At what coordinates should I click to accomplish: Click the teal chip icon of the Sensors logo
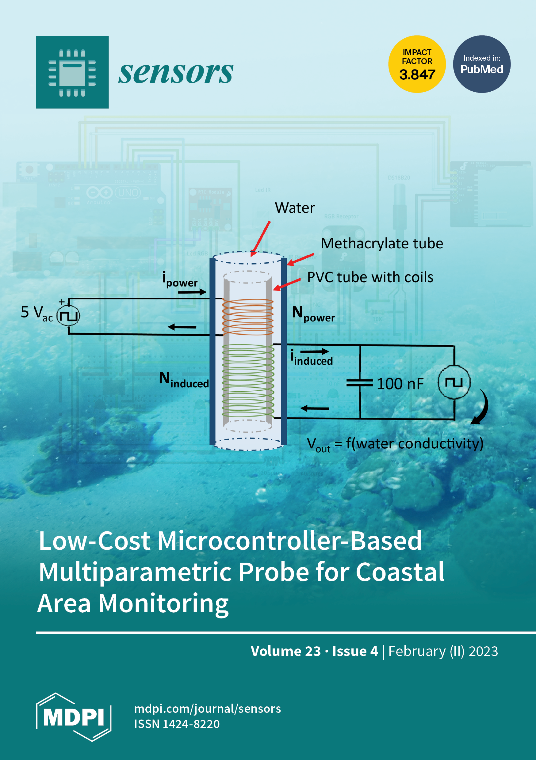tap(72, 72)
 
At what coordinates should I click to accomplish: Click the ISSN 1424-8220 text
tap(177, 724)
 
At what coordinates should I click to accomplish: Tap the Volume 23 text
tap(285, 651)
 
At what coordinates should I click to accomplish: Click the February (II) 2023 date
tap(443, 651)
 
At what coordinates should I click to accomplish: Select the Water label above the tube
tap(295, 208)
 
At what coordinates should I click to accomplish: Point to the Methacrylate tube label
tap(382, 244)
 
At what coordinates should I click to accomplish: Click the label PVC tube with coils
tap(370, 277)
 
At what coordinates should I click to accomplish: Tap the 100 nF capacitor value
tap(400, 384)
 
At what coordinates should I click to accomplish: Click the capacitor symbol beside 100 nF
tap(360, 383)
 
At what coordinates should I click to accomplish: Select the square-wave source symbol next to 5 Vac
tap(69, 316)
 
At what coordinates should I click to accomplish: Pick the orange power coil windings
tap(248, 317)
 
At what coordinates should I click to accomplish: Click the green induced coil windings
tap(248, 381)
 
